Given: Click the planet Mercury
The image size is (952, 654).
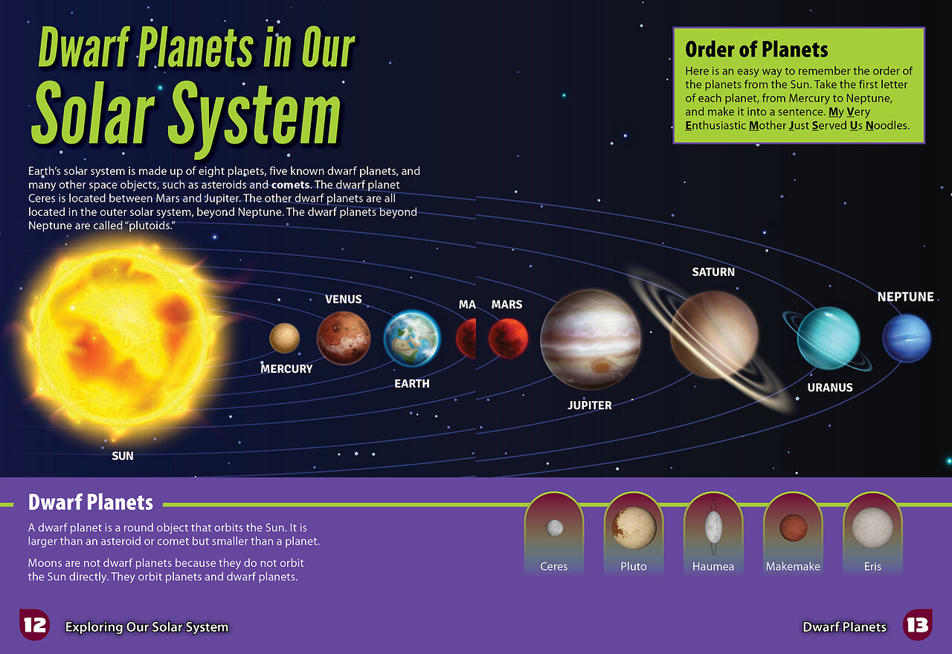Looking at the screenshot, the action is (x=284, y=338).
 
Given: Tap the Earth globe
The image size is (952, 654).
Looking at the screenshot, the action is (x=412, y=339).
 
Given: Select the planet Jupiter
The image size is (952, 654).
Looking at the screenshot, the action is (x=591, y=340).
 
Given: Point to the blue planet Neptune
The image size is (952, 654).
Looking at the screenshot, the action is (x=907, y=338).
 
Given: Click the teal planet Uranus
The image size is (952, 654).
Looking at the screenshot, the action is (x=829, y=338).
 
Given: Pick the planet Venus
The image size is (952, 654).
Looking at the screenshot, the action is (x=344, y=338).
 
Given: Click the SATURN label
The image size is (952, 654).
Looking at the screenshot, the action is (x=713, y=272).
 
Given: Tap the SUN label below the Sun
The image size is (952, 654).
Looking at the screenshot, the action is (x=123, y=456).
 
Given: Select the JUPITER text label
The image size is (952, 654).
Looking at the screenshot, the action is (x=590, y=405).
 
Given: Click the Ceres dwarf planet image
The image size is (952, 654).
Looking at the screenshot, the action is (x=554, y=528).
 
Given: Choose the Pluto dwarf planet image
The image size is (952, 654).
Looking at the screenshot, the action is (x=634, y=528).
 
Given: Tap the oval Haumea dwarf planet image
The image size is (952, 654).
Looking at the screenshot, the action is (x=713, y=528).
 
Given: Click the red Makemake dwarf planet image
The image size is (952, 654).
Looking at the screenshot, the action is (x=793, y=528).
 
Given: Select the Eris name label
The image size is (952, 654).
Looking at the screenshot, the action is (x=872, y=566).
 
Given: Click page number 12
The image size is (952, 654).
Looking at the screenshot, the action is (x=34, y=625).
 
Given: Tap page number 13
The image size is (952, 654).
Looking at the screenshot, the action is (x=918, y=625).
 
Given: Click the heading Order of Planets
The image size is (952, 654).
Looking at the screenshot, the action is (x=756, y=49).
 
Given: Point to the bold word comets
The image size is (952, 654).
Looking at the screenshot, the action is (x=291, y=185).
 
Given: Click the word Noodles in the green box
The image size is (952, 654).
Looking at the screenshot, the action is (x=887, y=126).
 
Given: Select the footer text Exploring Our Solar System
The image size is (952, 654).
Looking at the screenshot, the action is (x=147, y=627).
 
